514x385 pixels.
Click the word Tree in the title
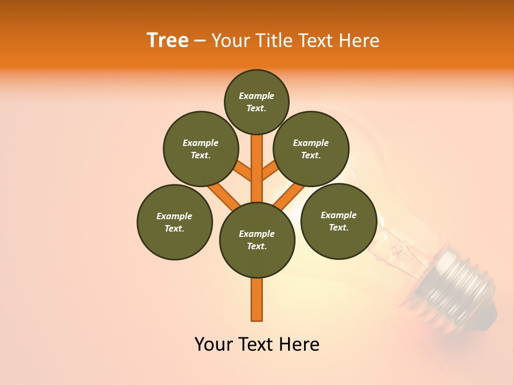[x=168, y=41]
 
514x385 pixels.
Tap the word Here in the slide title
[x=358, y=41]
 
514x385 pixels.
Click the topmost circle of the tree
[x=256, y=102]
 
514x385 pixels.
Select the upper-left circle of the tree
[x=201, y=149]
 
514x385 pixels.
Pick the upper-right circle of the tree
[x=311, y=149]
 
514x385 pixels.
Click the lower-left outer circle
[x=175, y=222]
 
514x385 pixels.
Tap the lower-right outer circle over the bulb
[x=338, y=221]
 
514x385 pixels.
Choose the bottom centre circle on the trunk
[x=257, y=240]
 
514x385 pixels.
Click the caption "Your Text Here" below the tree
[x=257, y=344]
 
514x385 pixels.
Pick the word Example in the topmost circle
[x=256, y=96]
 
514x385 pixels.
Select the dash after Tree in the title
[x=200, y=41]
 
